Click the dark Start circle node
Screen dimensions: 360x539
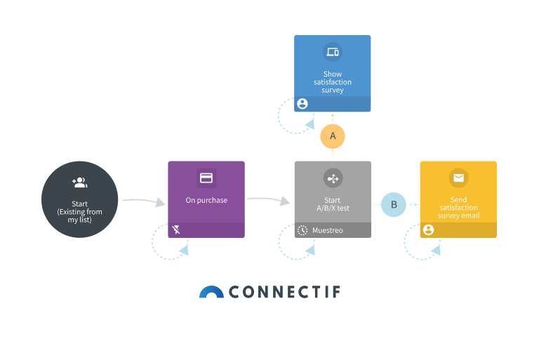pos(79,200)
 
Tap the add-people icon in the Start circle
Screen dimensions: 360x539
pos(79,182)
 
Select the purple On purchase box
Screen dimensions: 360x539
pos(206,199)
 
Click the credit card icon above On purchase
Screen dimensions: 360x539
pos(206,178)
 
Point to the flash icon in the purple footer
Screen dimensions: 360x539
pos(176,229)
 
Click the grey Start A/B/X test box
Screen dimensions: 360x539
pos(333,199)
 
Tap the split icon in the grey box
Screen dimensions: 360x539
pos(333,178)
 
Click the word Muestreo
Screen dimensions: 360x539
pos(328,230)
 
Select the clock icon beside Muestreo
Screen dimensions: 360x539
pos(302,230)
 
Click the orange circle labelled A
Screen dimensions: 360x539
pos(333,135)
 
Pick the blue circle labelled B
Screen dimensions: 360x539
pos(394,204)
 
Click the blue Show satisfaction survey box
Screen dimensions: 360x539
pos(332,73)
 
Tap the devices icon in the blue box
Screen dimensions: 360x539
pos(333,52)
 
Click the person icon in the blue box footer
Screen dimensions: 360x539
pos(302,104)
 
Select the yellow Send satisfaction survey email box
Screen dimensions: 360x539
pos(458,199)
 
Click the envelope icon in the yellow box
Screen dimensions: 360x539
pos(458,178)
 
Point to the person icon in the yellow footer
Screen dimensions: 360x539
pos(428,229)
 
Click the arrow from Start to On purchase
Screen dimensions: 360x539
pos(143,201)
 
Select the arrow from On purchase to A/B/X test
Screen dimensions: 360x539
pos(268,200)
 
